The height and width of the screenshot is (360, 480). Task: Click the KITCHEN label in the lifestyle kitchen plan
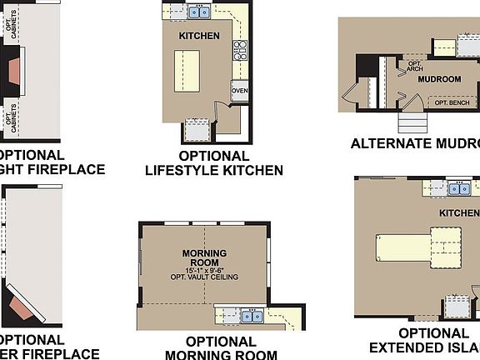[199, 36]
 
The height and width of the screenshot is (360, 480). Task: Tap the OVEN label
[239, 91]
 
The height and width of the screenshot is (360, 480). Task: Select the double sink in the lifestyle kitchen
[198, 12]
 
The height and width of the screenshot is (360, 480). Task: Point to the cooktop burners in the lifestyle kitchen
[241, 49]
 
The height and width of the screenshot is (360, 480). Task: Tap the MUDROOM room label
[439, 80]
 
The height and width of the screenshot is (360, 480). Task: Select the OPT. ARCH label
[415, 66]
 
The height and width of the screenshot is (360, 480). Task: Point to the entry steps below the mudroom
[412, 122]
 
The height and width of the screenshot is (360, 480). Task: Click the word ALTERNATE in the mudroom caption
[388, 143]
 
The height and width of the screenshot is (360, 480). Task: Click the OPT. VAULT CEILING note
[204, 277]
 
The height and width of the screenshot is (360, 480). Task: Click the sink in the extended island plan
[458, 189]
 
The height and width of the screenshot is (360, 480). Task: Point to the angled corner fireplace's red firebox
[20, 310]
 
